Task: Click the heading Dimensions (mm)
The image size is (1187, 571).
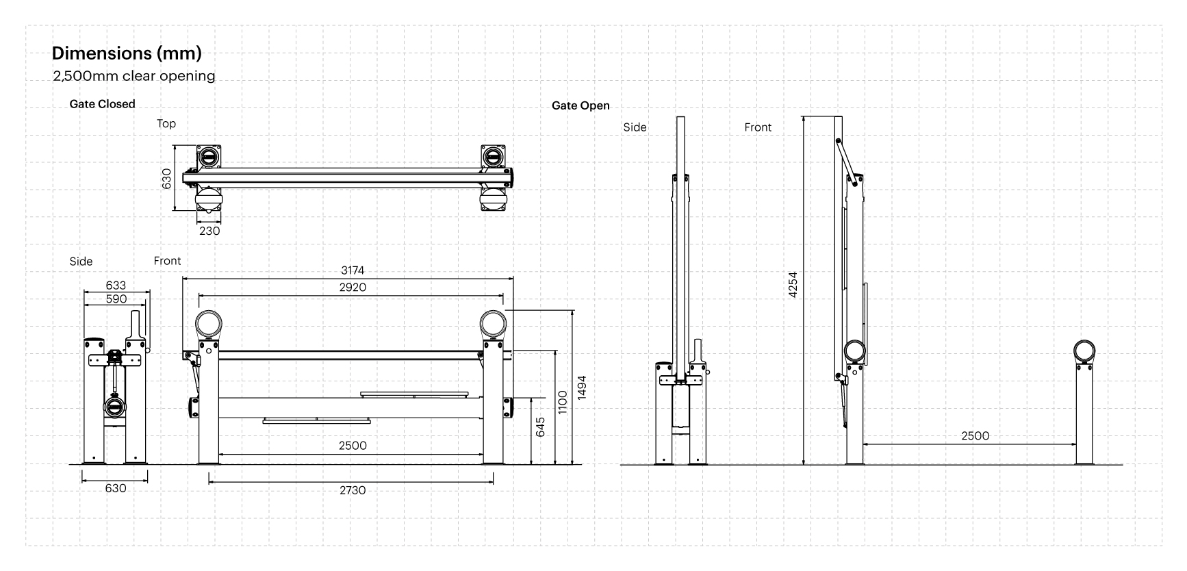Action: (127, 53)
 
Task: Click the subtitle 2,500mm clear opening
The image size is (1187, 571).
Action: (134, 76)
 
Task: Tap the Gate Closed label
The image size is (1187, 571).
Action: (103, 104)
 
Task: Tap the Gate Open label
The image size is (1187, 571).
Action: (580, 106)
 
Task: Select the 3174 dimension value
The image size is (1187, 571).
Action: (353, 271)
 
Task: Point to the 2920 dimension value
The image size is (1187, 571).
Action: (353, 288)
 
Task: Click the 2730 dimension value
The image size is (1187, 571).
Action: (353, 490)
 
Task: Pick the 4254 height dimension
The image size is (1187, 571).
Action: (793, 285)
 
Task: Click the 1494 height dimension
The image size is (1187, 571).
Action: (582, 389)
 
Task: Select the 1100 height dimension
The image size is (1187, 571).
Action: (563, 403)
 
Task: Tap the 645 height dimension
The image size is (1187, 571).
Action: (541, 428)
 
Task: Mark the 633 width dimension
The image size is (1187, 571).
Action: (116, 285)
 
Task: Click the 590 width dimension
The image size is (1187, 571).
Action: (116, 299)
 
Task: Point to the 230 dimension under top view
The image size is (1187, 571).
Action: (209, 231)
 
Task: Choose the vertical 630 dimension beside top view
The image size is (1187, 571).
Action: (166, 179)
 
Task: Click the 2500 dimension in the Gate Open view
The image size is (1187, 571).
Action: (975, 436)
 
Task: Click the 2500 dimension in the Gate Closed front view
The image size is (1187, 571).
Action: (353, 446)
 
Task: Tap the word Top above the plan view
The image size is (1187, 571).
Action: (166, 124)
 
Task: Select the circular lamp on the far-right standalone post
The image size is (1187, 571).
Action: (1084, 351)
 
